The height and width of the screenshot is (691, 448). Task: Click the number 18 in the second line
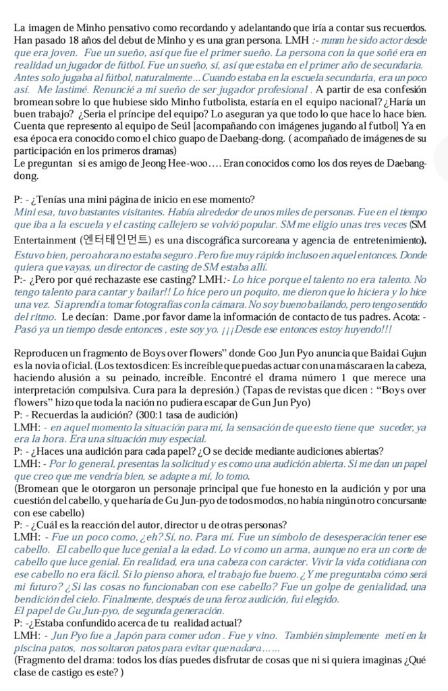(x=74, y=40)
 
